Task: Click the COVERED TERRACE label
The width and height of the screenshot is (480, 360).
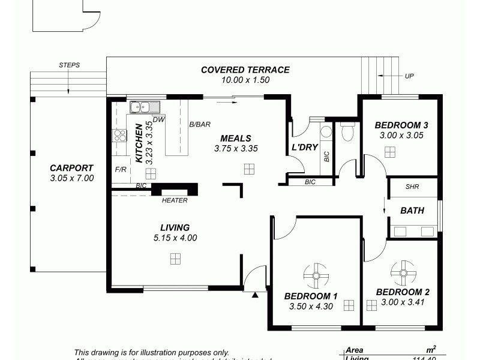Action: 245,70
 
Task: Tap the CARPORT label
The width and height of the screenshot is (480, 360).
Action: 71,168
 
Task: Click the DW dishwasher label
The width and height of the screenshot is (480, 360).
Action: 158,119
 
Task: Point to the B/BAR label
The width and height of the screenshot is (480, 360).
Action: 200,125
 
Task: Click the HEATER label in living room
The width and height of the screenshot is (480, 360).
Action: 175,200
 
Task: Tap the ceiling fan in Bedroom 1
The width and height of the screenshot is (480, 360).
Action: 316,276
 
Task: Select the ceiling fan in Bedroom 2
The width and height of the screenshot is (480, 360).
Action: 403,273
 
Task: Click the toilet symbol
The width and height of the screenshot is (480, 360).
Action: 347,131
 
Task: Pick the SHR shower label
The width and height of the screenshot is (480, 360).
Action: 412,187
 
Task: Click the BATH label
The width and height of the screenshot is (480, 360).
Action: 412,211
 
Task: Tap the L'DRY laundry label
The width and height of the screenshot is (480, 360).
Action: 304,147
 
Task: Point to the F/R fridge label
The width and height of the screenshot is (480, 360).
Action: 121,170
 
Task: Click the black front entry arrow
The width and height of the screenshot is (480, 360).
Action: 255,295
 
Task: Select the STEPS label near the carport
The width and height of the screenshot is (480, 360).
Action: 70,65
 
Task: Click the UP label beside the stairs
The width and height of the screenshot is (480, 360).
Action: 409,76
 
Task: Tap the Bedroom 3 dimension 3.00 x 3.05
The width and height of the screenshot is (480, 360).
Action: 401,136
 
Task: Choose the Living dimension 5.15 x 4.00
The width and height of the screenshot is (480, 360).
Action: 175,238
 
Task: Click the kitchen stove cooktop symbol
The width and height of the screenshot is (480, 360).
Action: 119,136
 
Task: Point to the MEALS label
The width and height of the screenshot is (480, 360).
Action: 235,138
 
